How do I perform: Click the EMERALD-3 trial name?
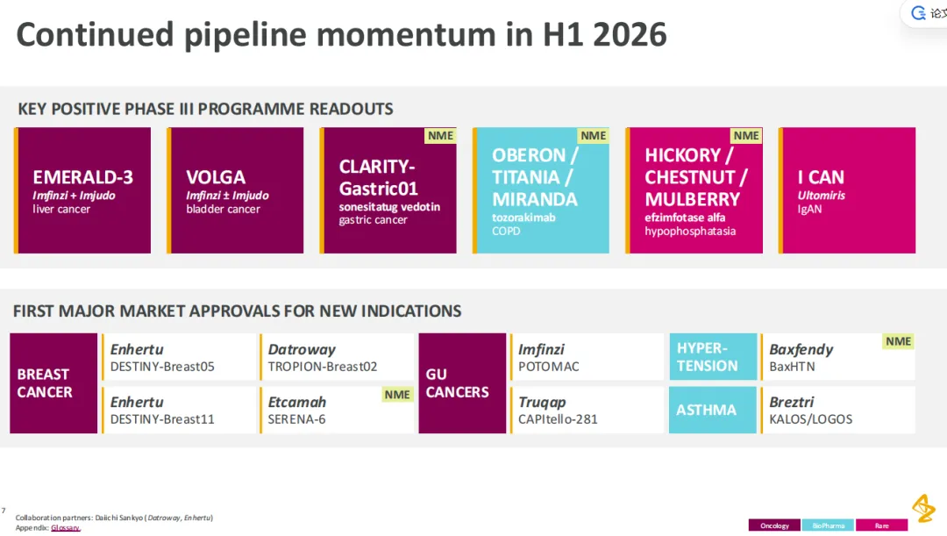tap(82, 177)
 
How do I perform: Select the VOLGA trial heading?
tap(216, 177)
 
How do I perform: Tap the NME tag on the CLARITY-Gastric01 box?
tap(440, 135)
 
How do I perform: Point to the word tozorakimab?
tap(523, 218)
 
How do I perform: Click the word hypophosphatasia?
tap(690, 232)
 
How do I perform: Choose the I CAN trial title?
tap(821, 177)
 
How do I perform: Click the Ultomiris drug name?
tap(822, 195)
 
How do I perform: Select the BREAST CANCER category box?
tap(53, 383)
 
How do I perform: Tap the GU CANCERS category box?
tap(462, 383)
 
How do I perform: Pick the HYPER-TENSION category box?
tap(713, 356)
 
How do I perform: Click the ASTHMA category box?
tap(713, 410)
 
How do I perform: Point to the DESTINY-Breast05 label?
tap(162, 367)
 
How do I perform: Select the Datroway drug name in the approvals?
tap(302, 349)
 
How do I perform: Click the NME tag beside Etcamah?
tap(397, 395)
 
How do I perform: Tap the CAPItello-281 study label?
tap(558, 419)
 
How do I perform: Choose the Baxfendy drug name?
tap(801, 350)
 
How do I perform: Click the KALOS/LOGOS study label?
tap(810, 419)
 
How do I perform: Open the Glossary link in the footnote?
tap(65, 528)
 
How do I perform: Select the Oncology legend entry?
tap(774, 525)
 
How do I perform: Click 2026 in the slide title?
tap(630, 34)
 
